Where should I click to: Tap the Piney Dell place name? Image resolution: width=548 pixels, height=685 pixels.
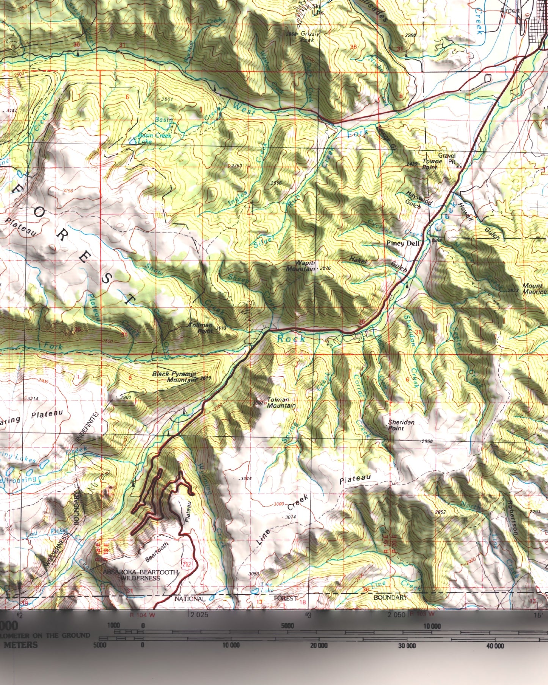click(403, 243)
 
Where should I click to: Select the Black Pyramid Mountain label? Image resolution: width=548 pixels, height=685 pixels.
click(174, 377)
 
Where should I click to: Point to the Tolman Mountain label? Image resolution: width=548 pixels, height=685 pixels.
click(281, 402)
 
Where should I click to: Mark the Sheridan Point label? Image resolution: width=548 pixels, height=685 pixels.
click(401, 425)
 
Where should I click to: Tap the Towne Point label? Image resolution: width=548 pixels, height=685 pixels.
click(432, 164)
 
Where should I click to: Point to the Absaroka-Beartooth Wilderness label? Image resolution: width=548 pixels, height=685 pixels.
click(140, 575)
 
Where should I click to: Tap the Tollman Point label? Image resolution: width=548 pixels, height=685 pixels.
click(201, 328)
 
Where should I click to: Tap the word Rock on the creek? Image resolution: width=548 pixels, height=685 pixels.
click(291, 338)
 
